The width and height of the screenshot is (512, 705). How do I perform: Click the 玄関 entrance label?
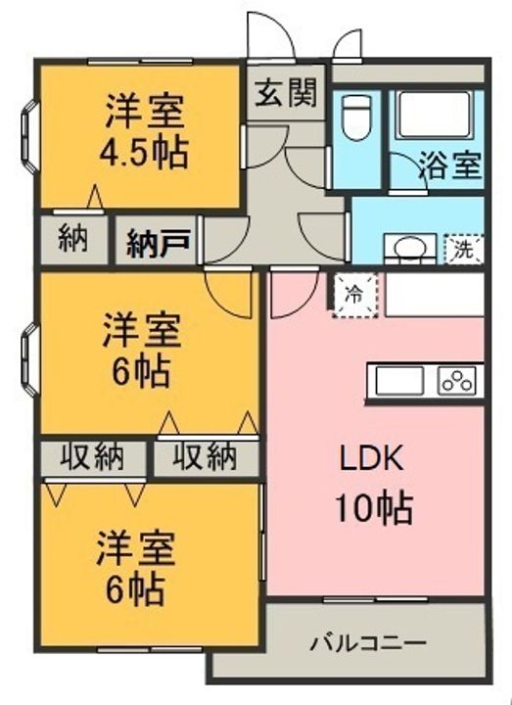pos(286,93)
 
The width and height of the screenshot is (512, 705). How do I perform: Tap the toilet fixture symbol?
pos(356,117)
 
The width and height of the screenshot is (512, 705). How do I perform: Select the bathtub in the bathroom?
pos(435,116)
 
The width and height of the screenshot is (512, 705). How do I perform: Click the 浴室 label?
pos(450,164)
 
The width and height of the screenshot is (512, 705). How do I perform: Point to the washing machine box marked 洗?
pos(463,249)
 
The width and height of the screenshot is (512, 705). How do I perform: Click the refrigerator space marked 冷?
pos(355,295)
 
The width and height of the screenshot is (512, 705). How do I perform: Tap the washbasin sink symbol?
pos(409,249)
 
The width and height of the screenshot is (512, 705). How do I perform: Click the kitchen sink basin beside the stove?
pos(399,381)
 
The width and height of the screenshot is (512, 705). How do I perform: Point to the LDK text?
pos(371,458)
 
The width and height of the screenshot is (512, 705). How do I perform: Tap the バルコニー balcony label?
pos(368,643)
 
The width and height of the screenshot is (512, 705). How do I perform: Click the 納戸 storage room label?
pos(158,243)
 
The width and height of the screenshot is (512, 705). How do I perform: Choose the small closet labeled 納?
pos(73,239)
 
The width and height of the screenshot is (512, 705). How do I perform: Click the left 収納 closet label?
pos(92,457)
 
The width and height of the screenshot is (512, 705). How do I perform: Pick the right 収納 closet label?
pos(205,457)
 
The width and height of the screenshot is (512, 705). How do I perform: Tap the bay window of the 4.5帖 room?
pos(30,136)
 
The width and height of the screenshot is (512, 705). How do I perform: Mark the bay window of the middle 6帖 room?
pos(30,360)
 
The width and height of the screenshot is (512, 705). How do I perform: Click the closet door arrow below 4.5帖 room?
pos(95,198)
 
